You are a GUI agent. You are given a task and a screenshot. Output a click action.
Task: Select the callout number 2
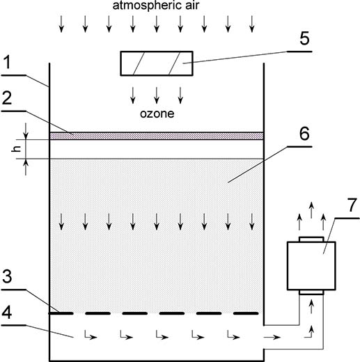[x=7, y=98]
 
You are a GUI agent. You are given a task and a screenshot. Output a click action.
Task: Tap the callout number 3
[x=7, y=276]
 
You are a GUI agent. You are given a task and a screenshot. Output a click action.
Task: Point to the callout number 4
[x=7, y=313]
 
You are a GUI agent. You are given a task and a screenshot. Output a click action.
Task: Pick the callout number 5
[x=304, y=38]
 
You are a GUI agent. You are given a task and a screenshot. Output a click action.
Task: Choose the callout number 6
[x=304, y=134]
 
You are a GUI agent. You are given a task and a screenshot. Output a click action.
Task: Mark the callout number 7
[x=352, y=205]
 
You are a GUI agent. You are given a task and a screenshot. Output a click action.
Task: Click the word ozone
[x=157, y=113]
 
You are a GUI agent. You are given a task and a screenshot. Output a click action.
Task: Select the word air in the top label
[x=191, y=5]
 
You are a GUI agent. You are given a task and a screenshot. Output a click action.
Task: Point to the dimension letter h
[x=16, y=149]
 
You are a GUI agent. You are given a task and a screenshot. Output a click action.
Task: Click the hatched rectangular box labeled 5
[x=157, y=63]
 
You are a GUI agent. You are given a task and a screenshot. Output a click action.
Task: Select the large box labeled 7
[x=311, y=266]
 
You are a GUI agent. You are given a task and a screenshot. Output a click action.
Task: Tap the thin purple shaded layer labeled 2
[x=157, y=136]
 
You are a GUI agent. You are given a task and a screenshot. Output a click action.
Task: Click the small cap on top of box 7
[x=311, y=239]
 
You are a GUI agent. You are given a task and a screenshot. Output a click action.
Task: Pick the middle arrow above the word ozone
[x=157, y=95]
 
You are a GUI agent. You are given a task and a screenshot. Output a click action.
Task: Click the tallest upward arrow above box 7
[x=311, y=210]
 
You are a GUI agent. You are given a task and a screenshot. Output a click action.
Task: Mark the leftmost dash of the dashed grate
[x=61, y=313]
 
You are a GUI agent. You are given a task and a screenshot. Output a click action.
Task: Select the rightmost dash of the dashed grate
[x=246, y=313]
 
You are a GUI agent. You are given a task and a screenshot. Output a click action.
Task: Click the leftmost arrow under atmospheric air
[x=61, y=24]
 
